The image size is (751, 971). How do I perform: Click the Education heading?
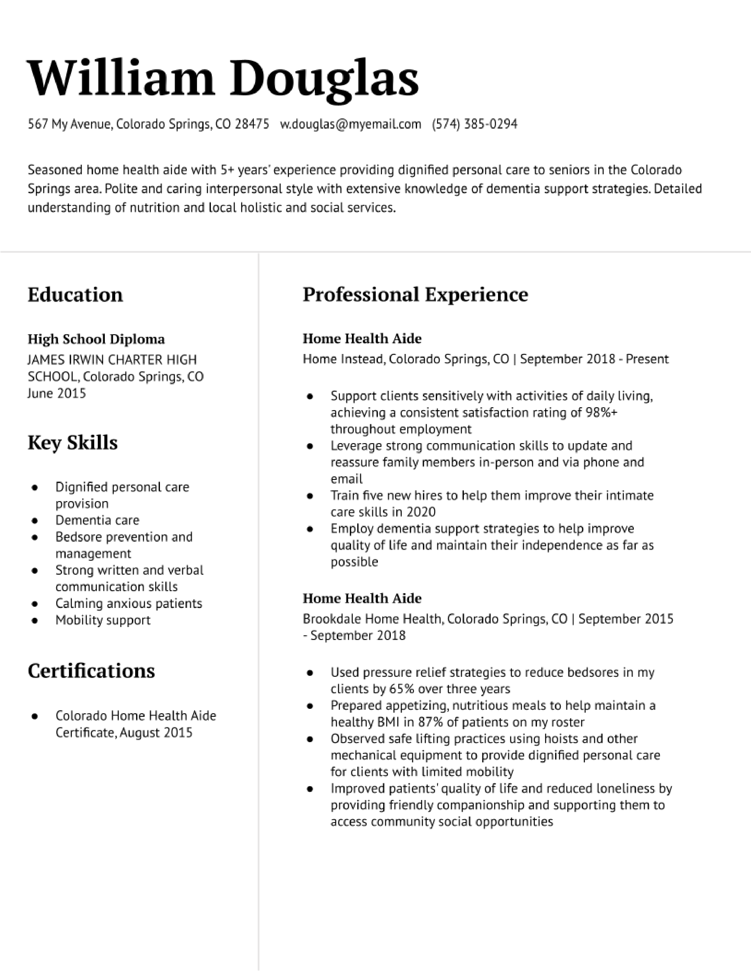pyautogui.click(x=75, y=295)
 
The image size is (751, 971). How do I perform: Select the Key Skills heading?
pyautogui.click(x=72, y=443)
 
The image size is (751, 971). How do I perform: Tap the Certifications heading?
pyautogui.click(x=91, y=671)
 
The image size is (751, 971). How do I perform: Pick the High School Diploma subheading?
pyautogui.click(x=96, y=339)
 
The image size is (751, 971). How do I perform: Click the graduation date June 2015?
pyautogui.click(x=57, y=393)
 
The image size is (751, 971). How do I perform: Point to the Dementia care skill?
pyautogui.click(x=97, y=520)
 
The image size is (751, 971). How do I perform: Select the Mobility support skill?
pyautogui.click(x=103, y=620)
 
